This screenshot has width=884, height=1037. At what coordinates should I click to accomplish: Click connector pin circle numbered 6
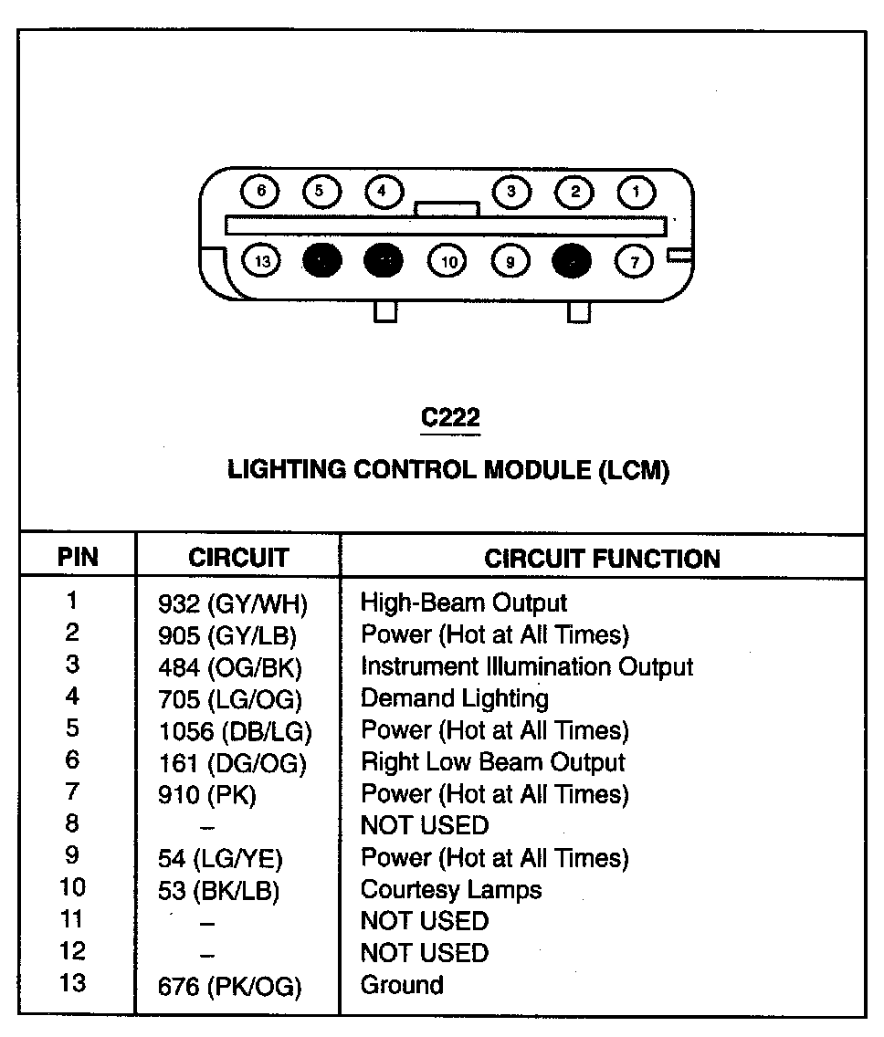click(x=261, y=192)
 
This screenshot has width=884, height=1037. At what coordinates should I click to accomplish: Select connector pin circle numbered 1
click(x=637, y=192)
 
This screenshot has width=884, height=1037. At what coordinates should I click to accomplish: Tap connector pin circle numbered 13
click(x=263, y=262)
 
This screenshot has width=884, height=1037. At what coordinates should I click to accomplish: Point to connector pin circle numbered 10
click(x=447, y=262)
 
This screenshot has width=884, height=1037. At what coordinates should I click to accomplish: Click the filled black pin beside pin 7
click(x=573, y=262)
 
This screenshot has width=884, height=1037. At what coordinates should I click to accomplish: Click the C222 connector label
click(x=449, y=418)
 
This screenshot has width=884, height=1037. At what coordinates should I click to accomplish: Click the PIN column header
click(x=78, y=557)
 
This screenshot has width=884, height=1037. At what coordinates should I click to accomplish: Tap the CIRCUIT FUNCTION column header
click(x=602, y=559)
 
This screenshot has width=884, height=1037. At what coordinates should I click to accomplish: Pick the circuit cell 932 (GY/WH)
click(x=233, y=603)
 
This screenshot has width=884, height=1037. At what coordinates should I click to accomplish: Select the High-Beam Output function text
click(x=464, y=602)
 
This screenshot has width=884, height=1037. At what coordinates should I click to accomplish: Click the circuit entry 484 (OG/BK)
click(x=230, y=667)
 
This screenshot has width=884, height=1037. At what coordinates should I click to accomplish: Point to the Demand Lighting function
click(x=455, y=699)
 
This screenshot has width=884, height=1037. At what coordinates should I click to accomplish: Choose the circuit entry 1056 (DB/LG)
click(x=235, y=731)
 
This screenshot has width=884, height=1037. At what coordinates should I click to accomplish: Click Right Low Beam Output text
click(x=493, y=762)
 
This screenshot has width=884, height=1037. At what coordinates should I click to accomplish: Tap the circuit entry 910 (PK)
click(x=207, y=795)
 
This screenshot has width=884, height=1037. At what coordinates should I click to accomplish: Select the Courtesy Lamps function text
click(x=451, y=890)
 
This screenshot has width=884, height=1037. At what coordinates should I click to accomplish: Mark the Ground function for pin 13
click(x=402, y=985)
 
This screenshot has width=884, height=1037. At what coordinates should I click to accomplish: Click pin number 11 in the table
click(x=72, y=920)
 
